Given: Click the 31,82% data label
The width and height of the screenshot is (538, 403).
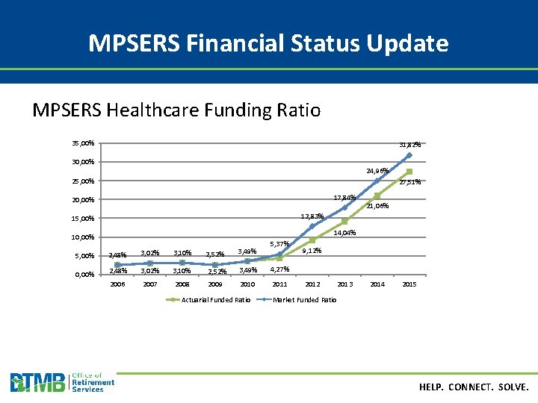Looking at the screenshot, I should pos(409,144).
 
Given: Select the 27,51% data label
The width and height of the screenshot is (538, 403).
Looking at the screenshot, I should pos(409,182).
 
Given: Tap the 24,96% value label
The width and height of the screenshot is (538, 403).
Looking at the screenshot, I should pos(377,171).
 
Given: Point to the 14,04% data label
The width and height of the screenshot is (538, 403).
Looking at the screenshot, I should pos(344,233).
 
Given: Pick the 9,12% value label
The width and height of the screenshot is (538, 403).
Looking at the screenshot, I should pos(312,251).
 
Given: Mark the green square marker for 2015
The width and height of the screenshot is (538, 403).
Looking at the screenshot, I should pos(409,172).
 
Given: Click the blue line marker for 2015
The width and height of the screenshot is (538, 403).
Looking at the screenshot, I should pos(409,155).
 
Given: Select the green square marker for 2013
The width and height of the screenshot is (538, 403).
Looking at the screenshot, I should pos(344,221).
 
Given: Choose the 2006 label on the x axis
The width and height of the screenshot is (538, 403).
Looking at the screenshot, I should pos(118,284).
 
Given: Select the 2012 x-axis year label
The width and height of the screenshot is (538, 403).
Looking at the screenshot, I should pos(312,284).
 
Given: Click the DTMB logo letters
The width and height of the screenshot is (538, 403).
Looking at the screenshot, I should pos(37,383).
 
